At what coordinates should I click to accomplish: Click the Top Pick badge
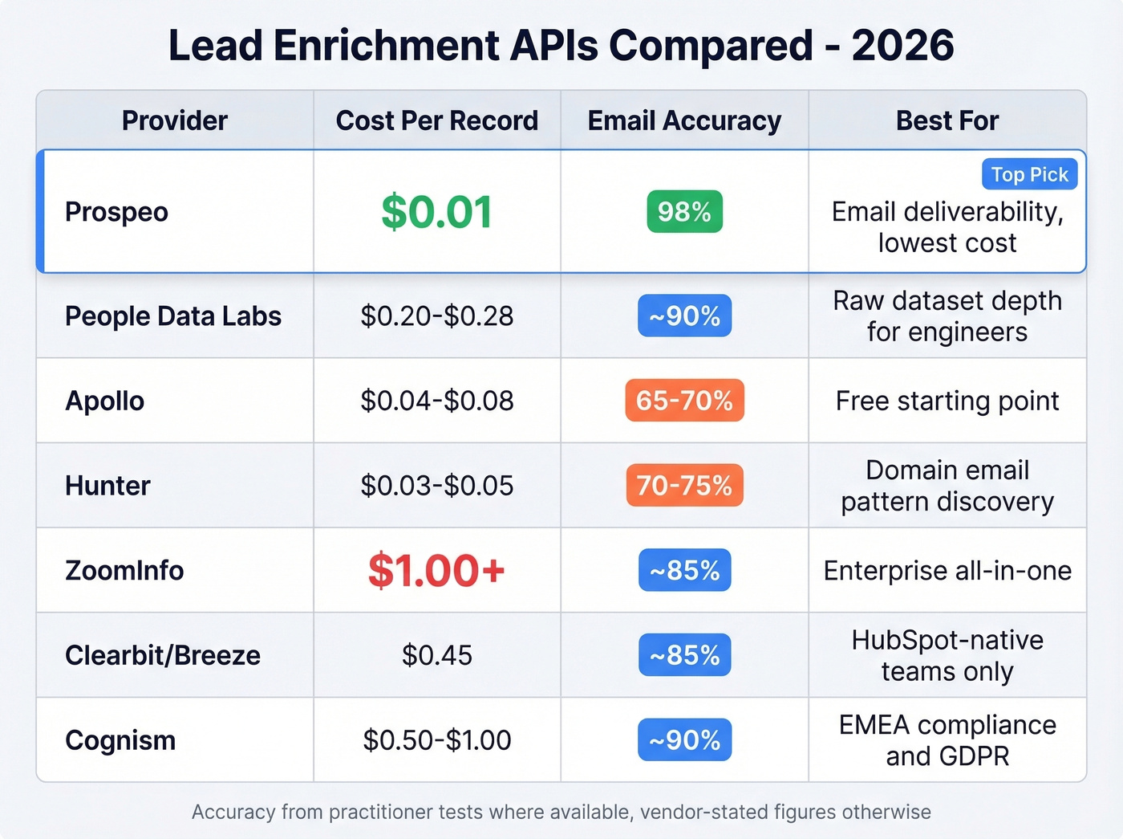tap(1029, 174)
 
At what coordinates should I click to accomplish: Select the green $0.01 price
tap(436, 212)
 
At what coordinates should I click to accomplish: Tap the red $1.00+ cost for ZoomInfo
tap(436, 571)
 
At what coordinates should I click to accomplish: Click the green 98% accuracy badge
tap(684, 212)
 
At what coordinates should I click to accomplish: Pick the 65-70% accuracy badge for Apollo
tap(684, 401)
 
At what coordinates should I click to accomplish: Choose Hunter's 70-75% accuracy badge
tap(684, 486)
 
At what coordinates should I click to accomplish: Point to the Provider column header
tap(175, 120)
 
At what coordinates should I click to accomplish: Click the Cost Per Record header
tap(436, 120)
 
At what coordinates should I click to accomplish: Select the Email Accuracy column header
tap(684, 120)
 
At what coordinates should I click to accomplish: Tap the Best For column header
tap(947, 120)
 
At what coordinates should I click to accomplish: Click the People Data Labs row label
tap(173, 316)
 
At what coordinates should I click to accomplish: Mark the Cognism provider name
tap(120, 740)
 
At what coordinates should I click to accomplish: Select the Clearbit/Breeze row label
tap(163, 656)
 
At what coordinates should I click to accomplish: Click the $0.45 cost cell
tap(436, 656)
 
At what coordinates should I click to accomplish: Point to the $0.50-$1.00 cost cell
tap(436, 740)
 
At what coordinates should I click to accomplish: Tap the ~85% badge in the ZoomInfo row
tap(684, 571)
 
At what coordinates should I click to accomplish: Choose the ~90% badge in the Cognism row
tap(684, 740)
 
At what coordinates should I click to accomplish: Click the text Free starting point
tap(947, 401)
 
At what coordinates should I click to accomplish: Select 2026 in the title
tap(902, 46)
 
